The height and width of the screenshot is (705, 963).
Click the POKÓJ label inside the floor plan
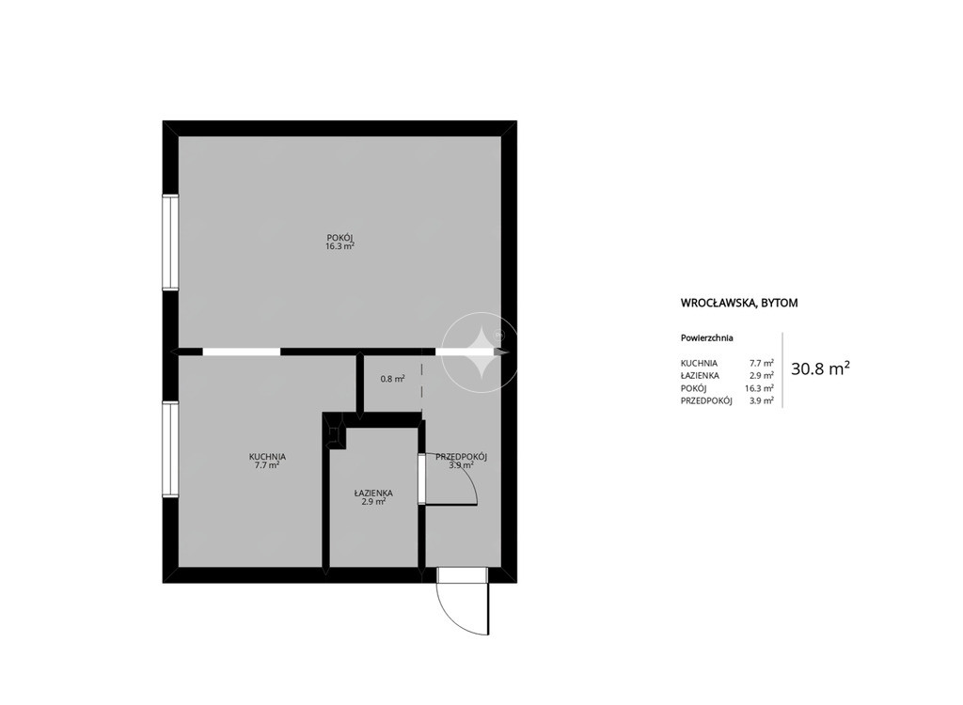[339, 238]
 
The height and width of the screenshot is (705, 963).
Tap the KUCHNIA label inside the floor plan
[267, 457]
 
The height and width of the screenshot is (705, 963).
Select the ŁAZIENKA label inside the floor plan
[373, 493]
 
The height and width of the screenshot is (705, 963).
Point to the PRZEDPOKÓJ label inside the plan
[461, 457]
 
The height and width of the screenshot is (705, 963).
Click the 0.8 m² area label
[392, 379]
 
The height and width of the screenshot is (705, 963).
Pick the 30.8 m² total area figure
[820, 368]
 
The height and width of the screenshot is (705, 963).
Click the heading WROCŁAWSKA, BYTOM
[739, 303]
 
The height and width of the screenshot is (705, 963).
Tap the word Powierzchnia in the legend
[707, 337]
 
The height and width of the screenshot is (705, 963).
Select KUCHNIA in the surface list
[699, 363]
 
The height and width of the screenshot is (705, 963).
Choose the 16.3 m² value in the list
[759, 388]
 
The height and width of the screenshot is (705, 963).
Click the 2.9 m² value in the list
[762, 375]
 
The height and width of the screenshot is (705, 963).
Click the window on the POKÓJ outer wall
[170, 242]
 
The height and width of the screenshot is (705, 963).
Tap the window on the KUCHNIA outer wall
[170, 449]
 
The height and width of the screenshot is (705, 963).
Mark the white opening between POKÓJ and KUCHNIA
[242, 352]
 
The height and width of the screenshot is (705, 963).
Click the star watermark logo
[481, 352]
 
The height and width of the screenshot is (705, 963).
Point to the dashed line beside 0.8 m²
[421, 385]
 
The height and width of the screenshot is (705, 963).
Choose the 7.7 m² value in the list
[762, 363]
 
